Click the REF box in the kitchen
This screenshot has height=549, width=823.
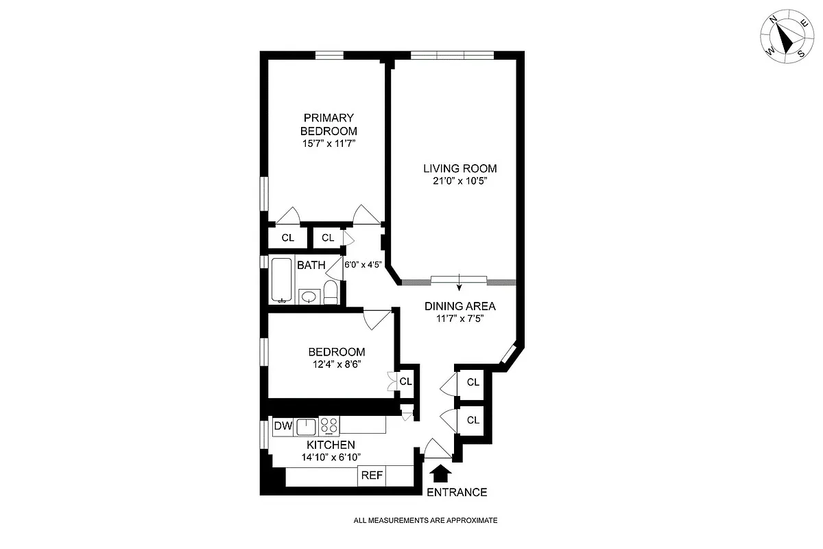tap(372, 475)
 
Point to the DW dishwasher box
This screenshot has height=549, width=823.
tap(283, 426)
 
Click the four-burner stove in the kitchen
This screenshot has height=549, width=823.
tap(329, 426)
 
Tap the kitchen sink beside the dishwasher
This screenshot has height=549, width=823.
tap(307, 426)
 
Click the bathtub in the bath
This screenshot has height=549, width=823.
tap(281, 280)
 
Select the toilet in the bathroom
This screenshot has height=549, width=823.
tap(331, 292)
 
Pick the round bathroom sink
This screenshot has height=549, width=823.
tap(310, 296)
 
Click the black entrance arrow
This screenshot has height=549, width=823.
tap(440, 474)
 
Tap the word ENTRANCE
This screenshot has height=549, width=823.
tap(457, 492)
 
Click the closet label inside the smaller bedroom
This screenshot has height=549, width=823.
tap(405, 382)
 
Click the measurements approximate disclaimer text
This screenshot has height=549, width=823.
tap(425, 521)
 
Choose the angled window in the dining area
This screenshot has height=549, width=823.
tap(508, 354)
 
